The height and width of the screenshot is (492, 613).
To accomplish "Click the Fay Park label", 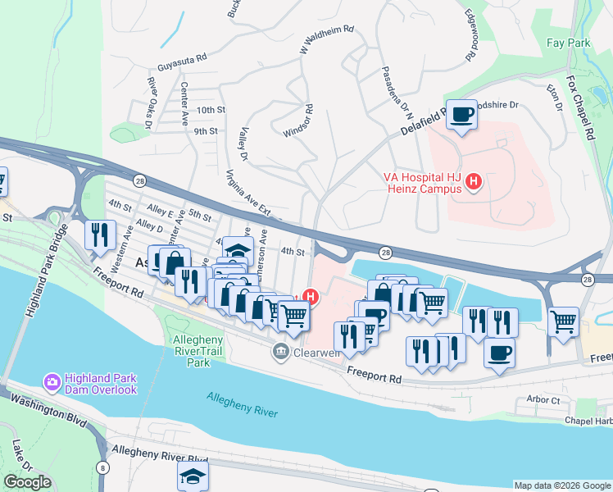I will pos(568,42).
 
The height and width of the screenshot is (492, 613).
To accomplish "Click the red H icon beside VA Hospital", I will pos(473,182).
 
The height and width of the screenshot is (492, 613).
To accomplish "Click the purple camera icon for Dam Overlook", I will pos(51,382).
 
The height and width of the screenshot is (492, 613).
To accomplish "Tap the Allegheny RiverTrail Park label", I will pos(193,351).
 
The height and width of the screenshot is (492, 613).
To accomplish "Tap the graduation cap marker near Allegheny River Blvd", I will pos(193,475).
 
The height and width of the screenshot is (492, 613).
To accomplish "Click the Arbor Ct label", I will pos(543,400).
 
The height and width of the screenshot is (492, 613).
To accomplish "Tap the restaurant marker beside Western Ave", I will pos(101,235).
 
